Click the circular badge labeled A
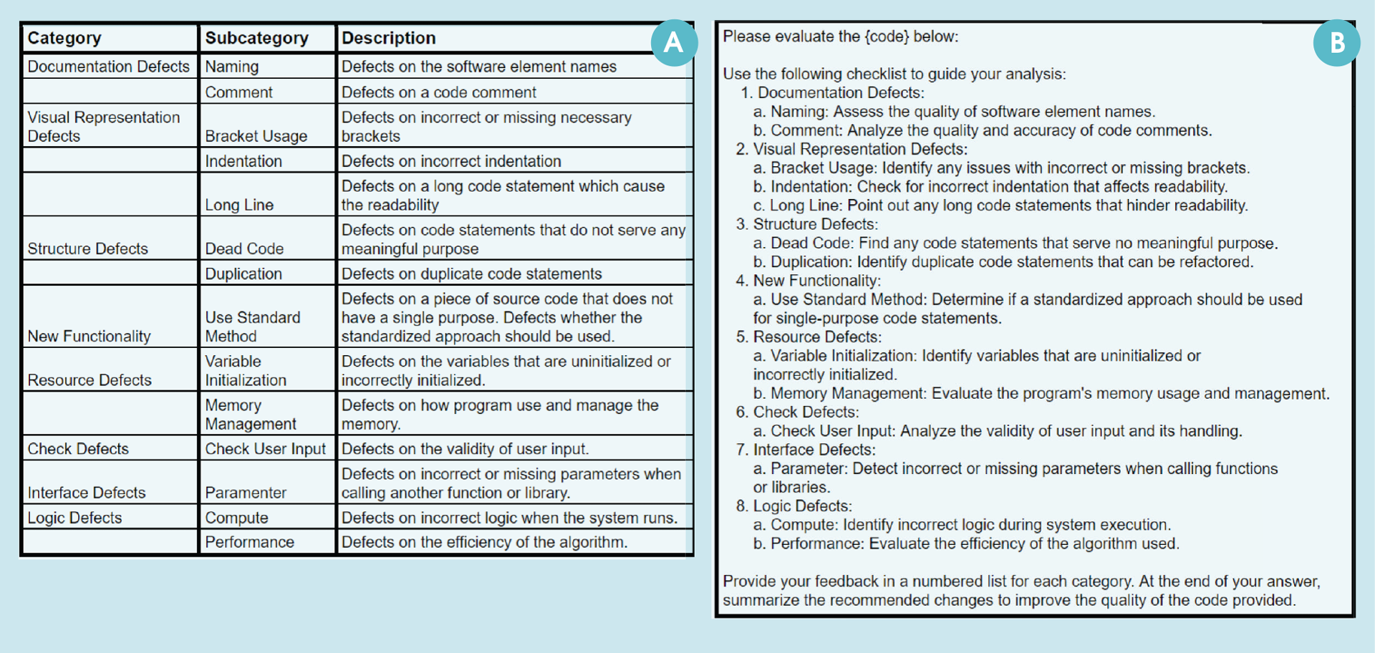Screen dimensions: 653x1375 (x=673, y=43)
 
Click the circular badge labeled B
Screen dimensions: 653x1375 (x=1336, y=43)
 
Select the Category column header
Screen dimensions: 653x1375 (x=64, y=38)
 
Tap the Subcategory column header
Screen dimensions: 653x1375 (x=256, y=38)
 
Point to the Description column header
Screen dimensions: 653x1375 (x=388, y=38)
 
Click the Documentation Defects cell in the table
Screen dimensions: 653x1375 (x=108, y=67)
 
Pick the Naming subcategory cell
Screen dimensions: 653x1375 (x=232, y=67)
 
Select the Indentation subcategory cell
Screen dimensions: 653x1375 (x=243, y=161)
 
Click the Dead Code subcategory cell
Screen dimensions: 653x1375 (x=244, y=248)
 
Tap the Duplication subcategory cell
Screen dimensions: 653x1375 (x=243, y=274)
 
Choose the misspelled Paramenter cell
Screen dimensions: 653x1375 (x=246, y=493)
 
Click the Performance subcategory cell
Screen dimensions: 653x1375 (x=249, y=542)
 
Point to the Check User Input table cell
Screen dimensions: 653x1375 (x=265, y=449)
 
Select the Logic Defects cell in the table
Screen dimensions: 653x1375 (x=74, y=518)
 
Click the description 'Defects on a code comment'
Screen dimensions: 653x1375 (x=438, y=92)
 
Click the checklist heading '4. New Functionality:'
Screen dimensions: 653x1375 (x=809, y=281)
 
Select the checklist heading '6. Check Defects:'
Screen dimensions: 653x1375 (x=797, y=412)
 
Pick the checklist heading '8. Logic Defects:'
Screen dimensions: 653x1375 (x=793, y=506)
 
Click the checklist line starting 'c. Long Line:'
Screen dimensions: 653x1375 (x=1000, y=205)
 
